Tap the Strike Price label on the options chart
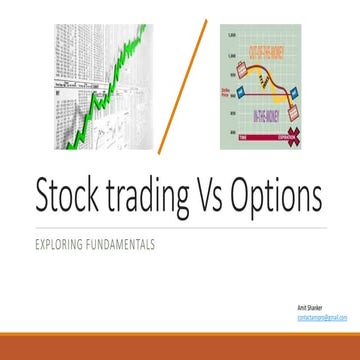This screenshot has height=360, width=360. [x=233, y=96]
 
